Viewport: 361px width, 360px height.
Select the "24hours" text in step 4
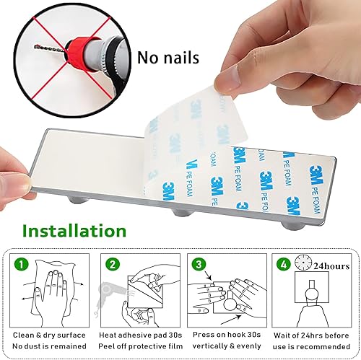(336, 265)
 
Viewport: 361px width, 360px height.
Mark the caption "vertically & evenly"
(225, 348)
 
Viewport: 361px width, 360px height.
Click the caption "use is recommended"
(316, 348)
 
